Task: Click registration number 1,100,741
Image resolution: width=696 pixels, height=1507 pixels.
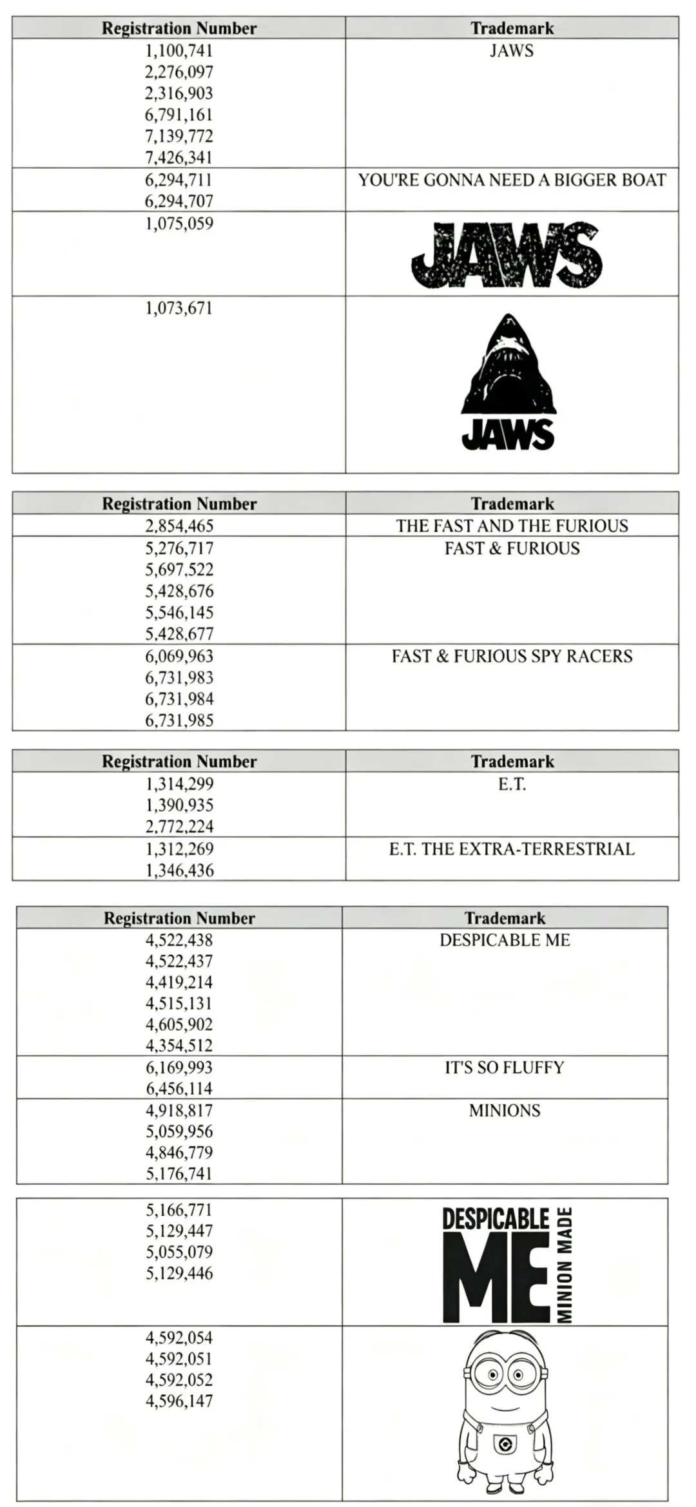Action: tap(179, 50)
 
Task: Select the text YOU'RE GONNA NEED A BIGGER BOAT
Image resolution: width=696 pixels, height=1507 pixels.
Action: tap(512, 180)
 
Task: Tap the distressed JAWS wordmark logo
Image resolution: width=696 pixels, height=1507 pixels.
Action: tap(507, 256)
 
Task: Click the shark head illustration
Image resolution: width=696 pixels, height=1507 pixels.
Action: tap(508, 365)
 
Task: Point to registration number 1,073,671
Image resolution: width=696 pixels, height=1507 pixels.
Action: tap(179, 308)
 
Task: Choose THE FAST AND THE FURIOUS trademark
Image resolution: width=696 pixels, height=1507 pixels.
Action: tap(512, 526)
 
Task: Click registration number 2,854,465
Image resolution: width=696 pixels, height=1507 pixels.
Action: tap(179, 526)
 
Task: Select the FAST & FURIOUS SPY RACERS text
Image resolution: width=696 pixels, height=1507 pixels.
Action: tap(512, 656)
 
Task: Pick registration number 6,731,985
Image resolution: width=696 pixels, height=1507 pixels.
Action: tap(179, 720)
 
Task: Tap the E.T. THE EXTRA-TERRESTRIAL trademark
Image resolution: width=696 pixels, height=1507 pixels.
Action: tap(512, 849)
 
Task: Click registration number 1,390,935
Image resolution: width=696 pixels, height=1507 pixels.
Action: tap(179, 805)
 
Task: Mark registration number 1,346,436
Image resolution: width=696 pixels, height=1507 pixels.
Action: tap(179, 870)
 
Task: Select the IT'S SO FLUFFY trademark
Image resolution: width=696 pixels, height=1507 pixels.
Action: tap(505, 1068)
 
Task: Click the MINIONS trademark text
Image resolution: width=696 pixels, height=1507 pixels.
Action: tap(505, 1110)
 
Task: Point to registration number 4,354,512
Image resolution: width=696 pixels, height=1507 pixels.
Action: tap(179, 1045)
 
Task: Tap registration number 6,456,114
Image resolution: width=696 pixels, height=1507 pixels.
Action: tap(179, 1088)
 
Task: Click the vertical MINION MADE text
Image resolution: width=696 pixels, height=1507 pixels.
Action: tap(565, 1266)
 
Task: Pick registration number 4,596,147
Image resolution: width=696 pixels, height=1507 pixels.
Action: tap(179, 1401)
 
